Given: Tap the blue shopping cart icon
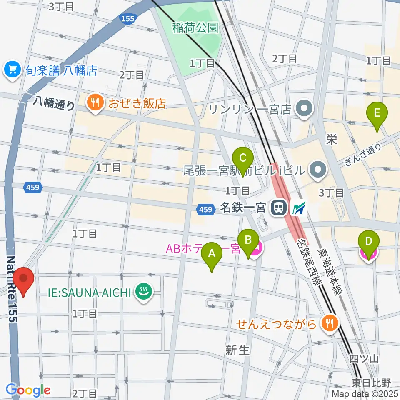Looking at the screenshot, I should [12, 69].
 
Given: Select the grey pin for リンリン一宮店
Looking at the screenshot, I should [305, 109].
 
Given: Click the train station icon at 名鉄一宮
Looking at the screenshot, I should [277, 207].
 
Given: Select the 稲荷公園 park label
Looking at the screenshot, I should [195, 28].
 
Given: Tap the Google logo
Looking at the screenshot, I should [28, 390].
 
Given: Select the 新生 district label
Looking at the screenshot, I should [237, 350].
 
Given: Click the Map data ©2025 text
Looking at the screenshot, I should [365, 394].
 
